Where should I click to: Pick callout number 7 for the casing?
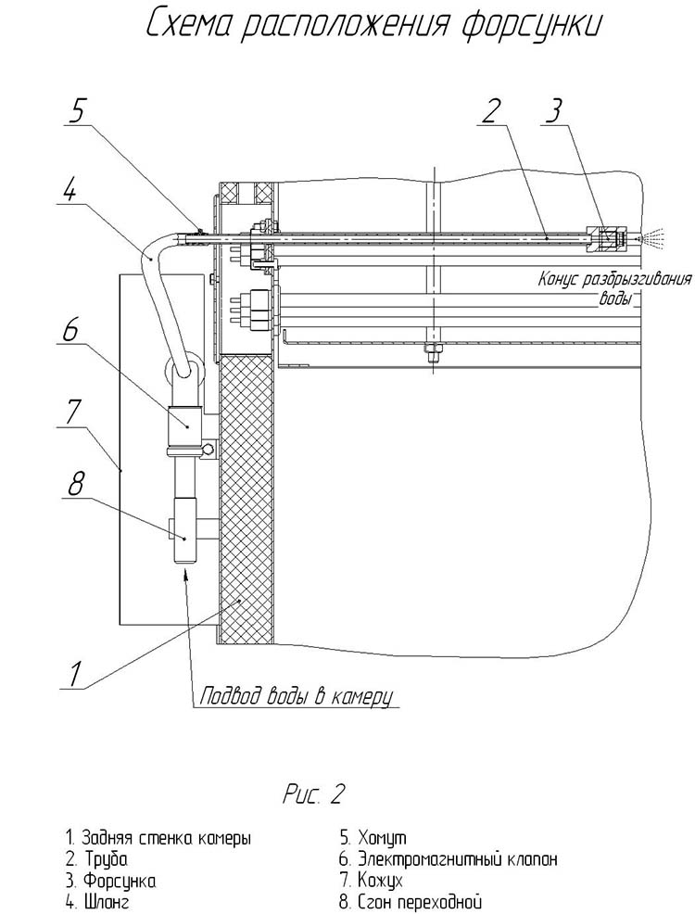point(70,413)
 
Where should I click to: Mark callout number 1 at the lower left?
point(74,674)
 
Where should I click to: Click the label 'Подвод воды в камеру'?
point(297,696)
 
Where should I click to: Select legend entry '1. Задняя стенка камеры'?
point(159,839)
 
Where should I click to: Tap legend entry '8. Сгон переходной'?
point(411,902)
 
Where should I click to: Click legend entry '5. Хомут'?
point(373,838)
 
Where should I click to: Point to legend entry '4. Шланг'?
point(97,902)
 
